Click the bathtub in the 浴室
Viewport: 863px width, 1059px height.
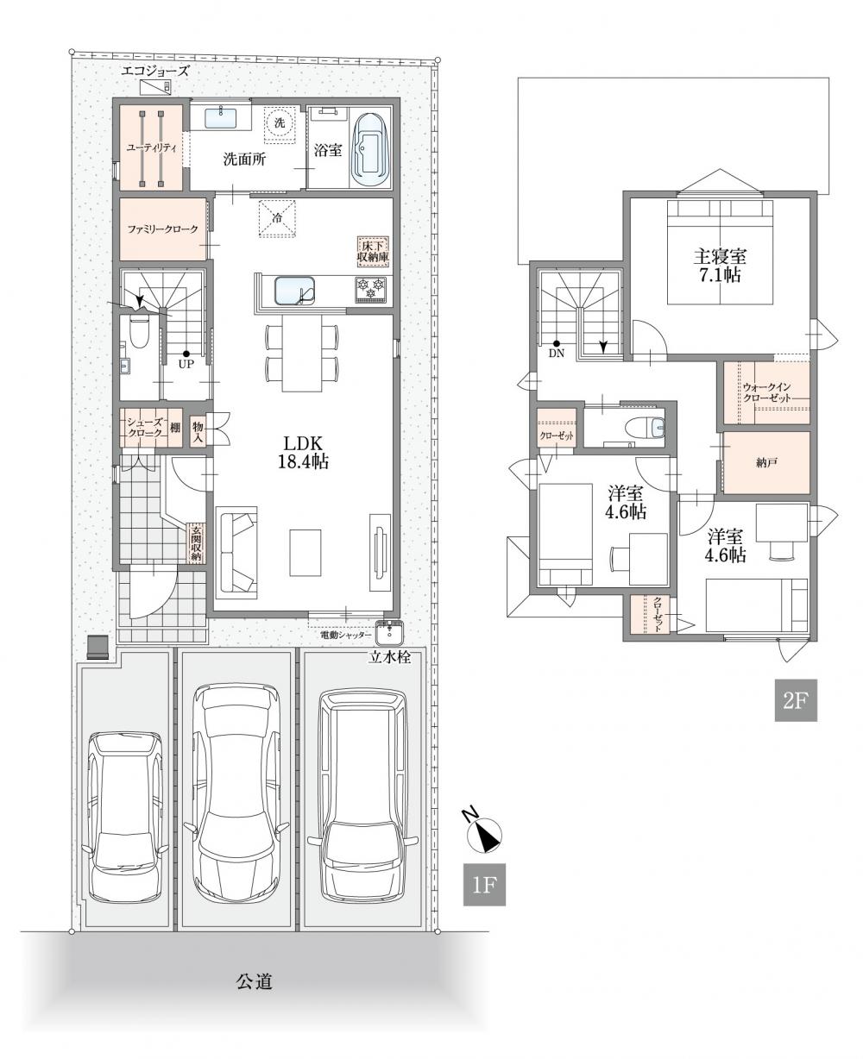pos(369,150)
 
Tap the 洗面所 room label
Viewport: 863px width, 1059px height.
pos(244,159)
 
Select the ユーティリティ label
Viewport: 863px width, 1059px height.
pos(151,148)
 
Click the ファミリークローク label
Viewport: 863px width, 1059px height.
pos(162,229)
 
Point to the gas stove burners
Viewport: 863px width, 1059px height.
pos(370,289)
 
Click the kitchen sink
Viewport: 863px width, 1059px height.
pos(295,290)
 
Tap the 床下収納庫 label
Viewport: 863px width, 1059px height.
pos(373,252)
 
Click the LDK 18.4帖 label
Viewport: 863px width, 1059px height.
pos(303,452)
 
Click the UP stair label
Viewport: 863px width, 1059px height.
pos(186,363)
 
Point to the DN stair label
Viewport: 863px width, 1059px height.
pos(557,354)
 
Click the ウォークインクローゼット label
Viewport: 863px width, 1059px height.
pos(766,392)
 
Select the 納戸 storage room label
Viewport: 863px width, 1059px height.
pos(766,463)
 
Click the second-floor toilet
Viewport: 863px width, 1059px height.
pos(646,427)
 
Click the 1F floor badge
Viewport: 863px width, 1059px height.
pos(484,885)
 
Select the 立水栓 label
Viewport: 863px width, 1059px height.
pos(389,658)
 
